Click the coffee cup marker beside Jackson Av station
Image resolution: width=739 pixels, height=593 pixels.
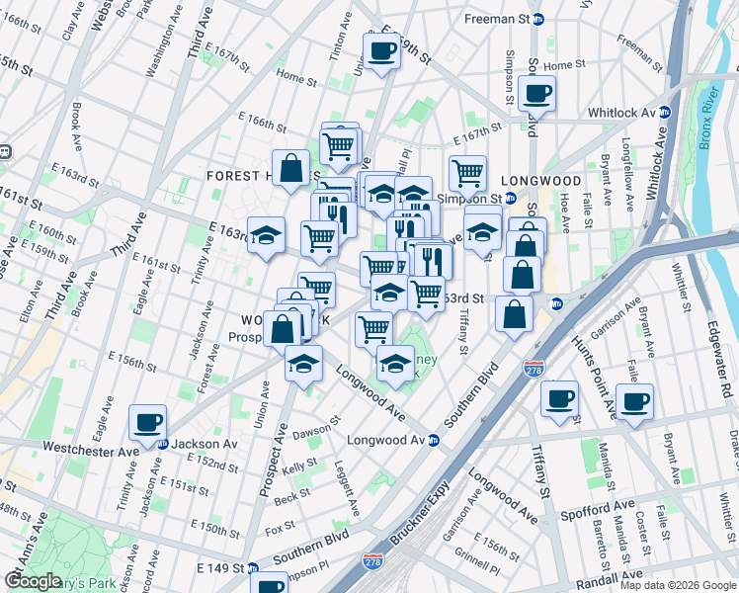(x=148, y=423)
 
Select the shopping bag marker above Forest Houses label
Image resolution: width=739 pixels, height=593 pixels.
(x=292, y=168)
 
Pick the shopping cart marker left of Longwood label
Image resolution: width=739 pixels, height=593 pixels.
(x=467, y=173)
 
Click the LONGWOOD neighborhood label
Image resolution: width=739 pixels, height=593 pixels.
(x=540, y=181)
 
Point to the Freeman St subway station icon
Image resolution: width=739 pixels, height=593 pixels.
(x=537, y=19)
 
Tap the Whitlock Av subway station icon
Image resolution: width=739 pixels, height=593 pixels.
(x=666, y=113)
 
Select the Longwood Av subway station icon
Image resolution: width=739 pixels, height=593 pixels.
(x=433, y=440)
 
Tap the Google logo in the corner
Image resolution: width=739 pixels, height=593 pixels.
(x=33, y=581)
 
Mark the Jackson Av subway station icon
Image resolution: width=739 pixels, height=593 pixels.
(x=163, y=444)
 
